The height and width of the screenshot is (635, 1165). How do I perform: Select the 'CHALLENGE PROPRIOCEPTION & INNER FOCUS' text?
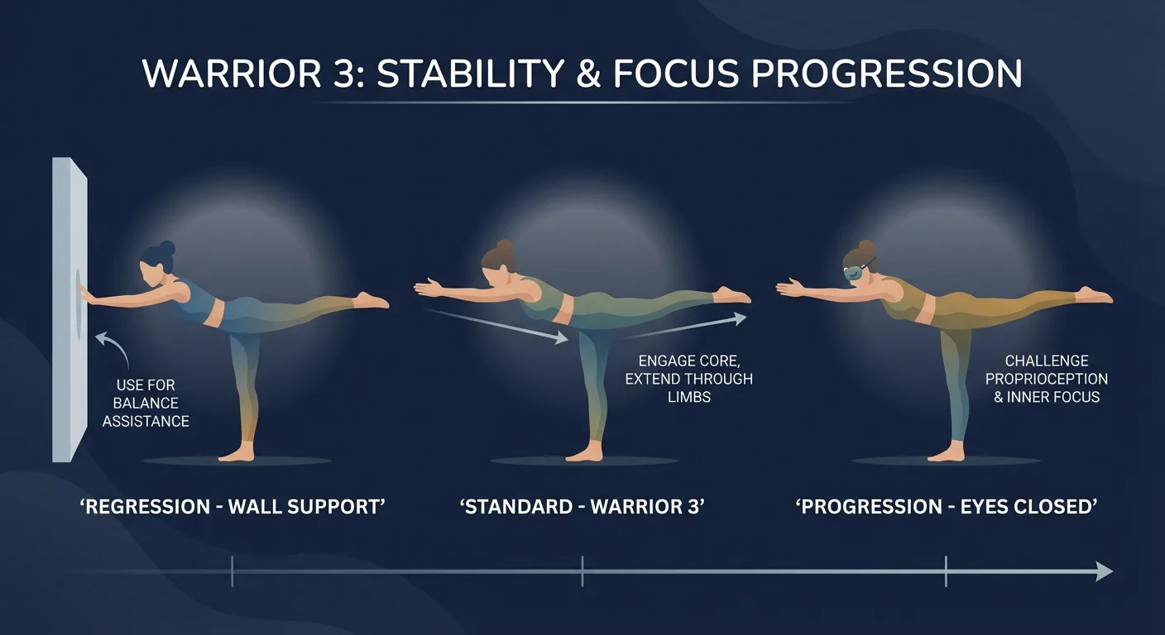click(x=1046, y=379)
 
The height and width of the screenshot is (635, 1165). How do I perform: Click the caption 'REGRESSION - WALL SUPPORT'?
click(x=233, y=507)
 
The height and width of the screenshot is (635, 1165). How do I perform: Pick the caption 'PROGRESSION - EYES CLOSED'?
click(x=946, y=507)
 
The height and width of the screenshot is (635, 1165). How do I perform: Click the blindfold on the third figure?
click(x=859, y=270)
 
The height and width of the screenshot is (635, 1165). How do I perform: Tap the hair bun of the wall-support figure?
click(x=167, y=247)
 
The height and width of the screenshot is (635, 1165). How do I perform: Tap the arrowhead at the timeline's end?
click(x=1104, y=571)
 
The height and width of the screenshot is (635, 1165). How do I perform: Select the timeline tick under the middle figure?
click(x=582, y=571)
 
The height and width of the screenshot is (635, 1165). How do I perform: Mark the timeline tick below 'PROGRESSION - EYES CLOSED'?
click(x=946, y=571)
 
